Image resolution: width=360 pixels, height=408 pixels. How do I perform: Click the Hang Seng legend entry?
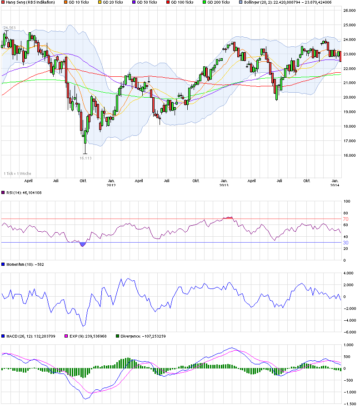point(30,3)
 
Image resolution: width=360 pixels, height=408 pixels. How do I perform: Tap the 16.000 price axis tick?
point(349,155)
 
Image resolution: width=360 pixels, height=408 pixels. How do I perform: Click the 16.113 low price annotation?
point(85,158)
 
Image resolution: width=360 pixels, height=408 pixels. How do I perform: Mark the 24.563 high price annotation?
point(10,28)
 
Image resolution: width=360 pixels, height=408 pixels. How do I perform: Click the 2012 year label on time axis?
point(111,185)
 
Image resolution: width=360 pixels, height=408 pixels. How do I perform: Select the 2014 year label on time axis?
point(334,185)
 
